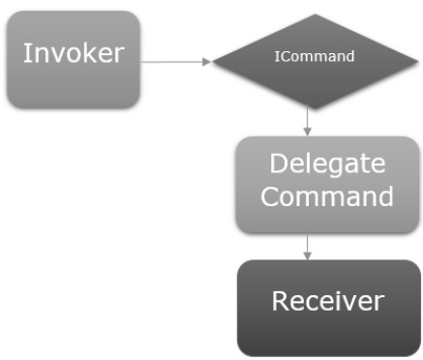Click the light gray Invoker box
73,59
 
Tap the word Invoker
73,53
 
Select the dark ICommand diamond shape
308,57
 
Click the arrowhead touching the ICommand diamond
205,62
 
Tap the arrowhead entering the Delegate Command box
307,132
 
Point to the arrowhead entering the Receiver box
307,255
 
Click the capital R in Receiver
280,301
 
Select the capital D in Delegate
279,164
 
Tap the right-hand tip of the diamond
405,57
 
